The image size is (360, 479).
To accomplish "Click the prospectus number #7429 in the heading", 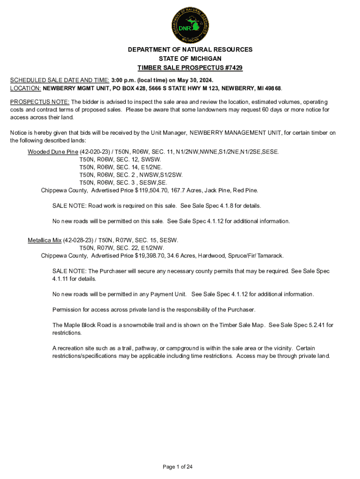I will [232, 68].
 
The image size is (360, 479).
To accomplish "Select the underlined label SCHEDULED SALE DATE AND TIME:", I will [60, 80].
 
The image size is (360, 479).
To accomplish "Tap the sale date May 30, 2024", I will [189, 80].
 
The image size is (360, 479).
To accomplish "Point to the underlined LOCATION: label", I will [26, 88].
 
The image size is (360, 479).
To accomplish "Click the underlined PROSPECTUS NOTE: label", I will [40, 102].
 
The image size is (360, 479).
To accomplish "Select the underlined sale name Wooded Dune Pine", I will [53, 152].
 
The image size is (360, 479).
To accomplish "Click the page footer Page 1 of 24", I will [178, 467].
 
